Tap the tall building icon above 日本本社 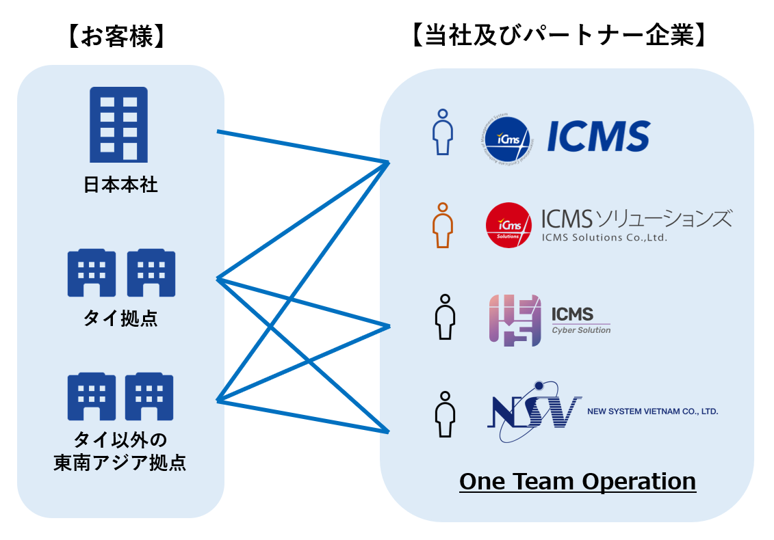[x=119, y=124]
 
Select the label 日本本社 [x=120, y=185]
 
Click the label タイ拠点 [x=120, y=318]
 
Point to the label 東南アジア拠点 [x=120, y=463]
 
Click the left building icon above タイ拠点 [x=91, y=273]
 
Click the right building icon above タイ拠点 [x=151, y=273]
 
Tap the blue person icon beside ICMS [x=443, y=132]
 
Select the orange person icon [x=443, y=225]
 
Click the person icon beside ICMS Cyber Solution [x=446, y=317]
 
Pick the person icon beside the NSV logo [x=446, y=414]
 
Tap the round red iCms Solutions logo [x=508, y=225]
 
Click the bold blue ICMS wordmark [x=598, y=136]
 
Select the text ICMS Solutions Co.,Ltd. [x=604, y=238]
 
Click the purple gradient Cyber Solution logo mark [x=514, y=320]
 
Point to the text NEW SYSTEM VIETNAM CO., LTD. [x=652, y=411]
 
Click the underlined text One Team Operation [x=578, y=481]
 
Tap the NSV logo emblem [x=534, y=411]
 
